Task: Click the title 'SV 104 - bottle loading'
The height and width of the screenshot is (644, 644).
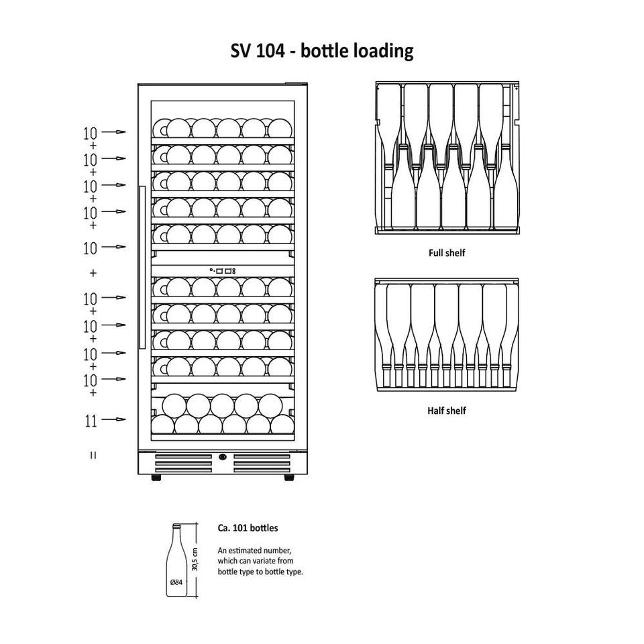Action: pyautogui.click(x=321, y=52)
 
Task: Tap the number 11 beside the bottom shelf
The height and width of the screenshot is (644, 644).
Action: pyautogui.click(x=91, y=421)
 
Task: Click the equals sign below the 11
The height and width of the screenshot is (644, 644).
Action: pyautogui.click(x=93, y=455)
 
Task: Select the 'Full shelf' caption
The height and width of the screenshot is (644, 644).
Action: pyautogui.click(x=447, y=253)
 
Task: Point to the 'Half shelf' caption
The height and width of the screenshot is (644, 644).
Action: pyautogui.click(x=447, y=411)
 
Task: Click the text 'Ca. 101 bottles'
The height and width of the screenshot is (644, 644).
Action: pyautogui.click(x=248, y=528)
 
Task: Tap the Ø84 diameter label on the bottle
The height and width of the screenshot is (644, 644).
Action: pyautogui.click(x=176, y=582)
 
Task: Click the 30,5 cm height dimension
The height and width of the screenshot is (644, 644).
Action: pyautogui.click(x=195, y=559)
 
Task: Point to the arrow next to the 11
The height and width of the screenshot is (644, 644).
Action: pyautogui.click(x=113, y=419)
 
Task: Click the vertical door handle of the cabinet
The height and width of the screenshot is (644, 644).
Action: pyautogui.click(x=142, y=268)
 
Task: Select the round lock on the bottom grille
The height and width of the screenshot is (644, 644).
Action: pyautogui.click(x=223, y=457)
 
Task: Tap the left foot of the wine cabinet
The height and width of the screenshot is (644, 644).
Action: pyautogui.click(x=156, y=478)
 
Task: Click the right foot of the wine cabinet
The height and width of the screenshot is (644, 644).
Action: pyautogui.click(x=289, y=478)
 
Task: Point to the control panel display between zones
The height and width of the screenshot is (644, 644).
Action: pyautogui.click(x=223, y=271)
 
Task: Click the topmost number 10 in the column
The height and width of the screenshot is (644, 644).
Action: pyautogui.click(x=90, y=133)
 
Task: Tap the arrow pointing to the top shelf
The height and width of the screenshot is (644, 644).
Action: pyautogui.click(x=113, y=132)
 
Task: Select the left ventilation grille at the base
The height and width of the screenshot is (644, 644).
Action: pyautogui.click(x=183, y=464)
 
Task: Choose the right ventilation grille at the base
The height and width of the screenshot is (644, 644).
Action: pyautogui.click(x=262, y=464)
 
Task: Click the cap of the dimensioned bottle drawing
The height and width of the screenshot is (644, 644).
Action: pyautogui.click(x=176, y=525)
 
